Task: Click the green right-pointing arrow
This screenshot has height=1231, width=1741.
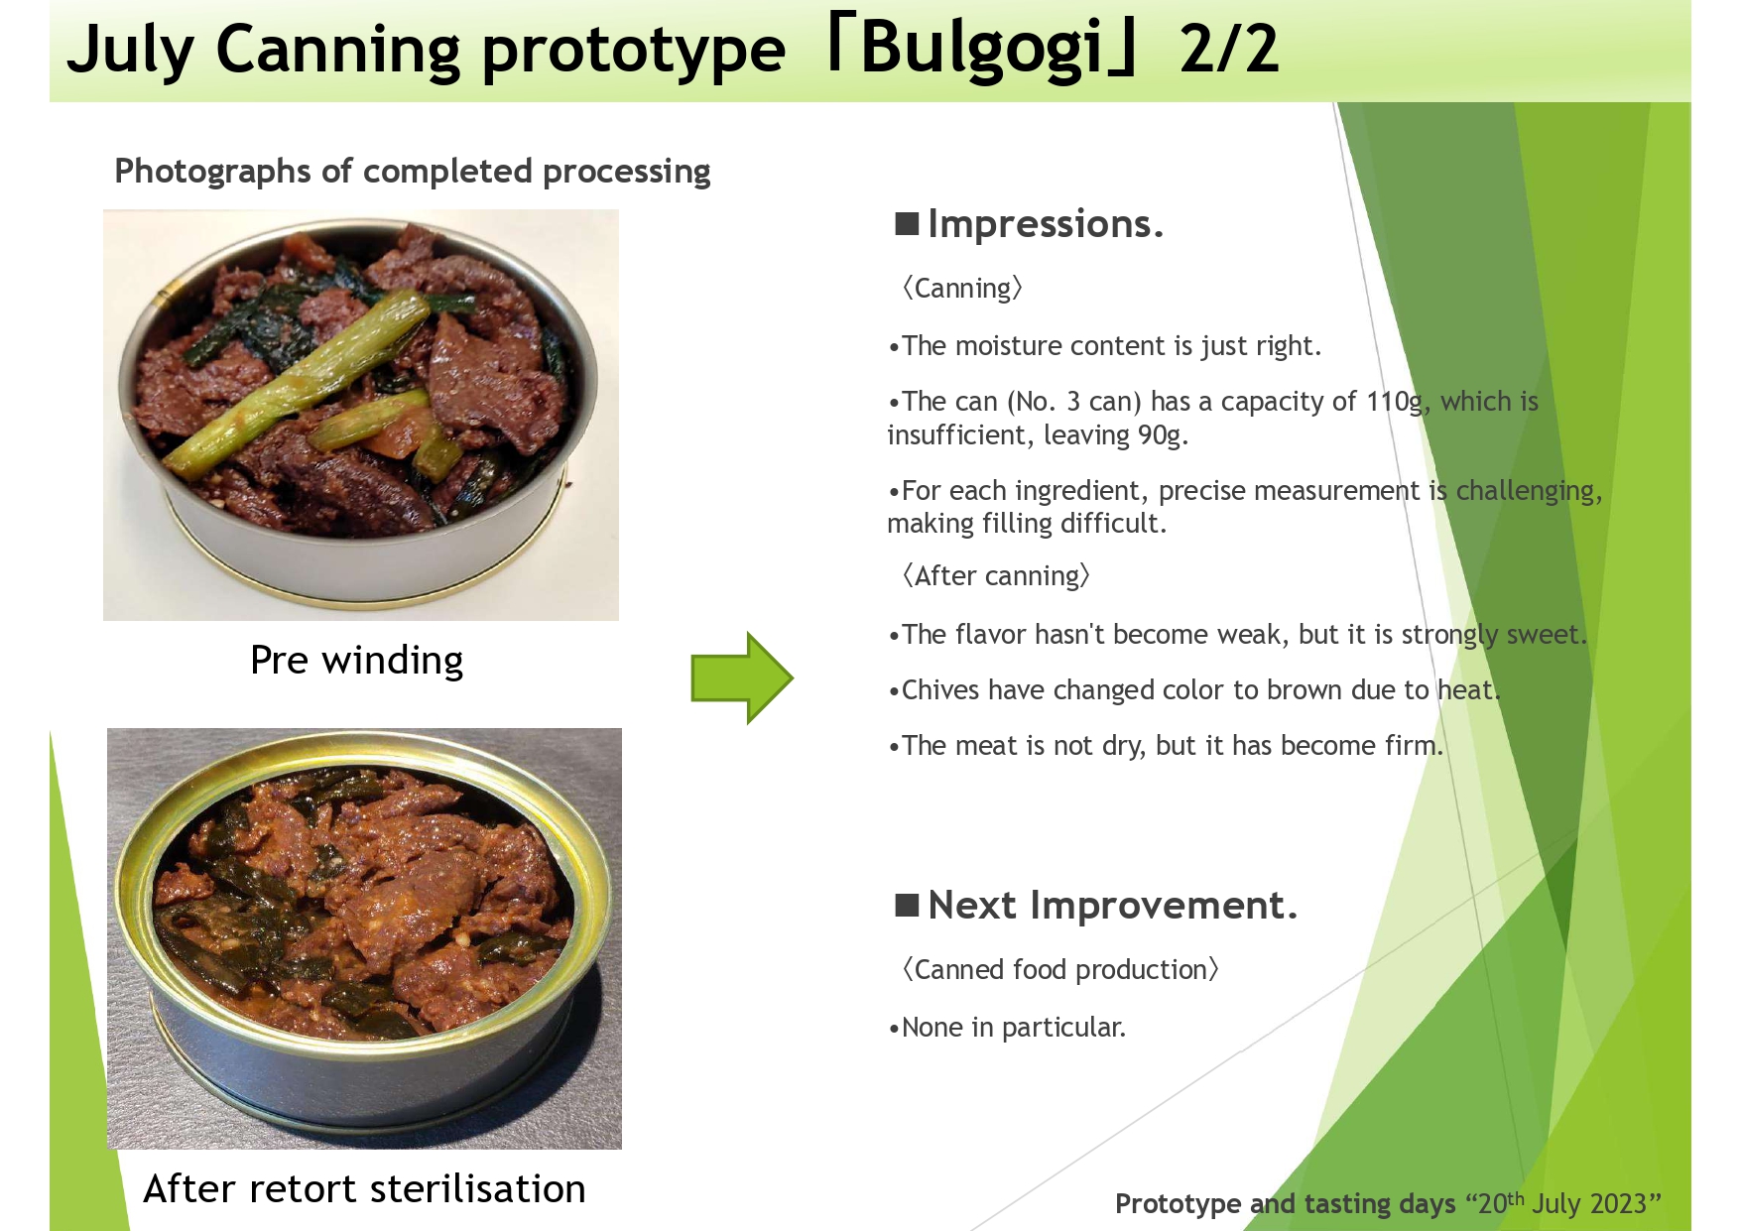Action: click(742, 678)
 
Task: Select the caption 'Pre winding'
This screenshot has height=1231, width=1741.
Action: click(357, 660)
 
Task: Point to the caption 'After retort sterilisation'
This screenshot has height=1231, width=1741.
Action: click(365, 1188)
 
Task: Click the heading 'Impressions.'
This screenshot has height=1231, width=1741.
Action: click(1046, 224)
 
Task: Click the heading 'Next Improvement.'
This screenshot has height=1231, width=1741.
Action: click(1112, 906)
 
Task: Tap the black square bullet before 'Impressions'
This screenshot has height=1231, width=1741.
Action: click(907, 223)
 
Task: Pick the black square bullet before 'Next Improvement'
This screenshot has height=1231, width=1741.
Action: click(907, 905)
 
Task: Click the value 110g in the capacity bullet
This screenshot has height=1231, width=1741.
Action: click(1397, 402)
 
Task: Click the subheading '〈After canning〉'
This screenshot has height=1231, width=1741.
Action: click(996, 576)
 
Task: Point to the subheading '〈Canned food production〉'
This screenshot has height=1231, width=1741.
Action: click(1059, 969)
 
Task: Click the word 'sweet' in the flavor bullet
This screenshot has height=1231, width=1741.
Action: click(1543, 635)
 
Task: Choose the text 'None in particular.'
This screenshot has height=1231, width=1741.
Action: click(1014, 1027)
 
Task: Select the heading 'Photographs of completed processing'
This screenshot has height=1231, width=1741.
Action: click(413, 171)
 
